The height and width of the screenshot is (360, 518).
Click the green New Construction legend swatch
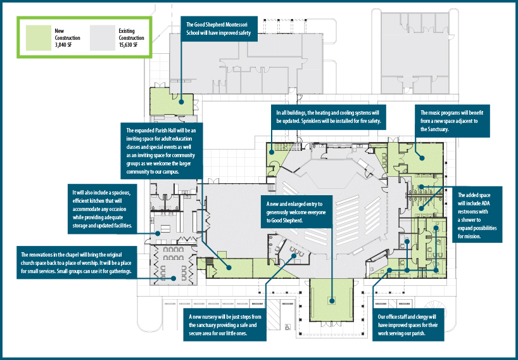coord(39,37)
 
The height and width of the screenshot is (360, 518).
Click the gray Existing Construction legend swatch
coord(103,37)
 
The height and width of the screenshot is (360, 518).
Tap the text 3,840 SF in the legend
coord(63,45)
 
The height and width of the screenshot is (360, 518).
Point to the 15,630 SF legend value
coord(128,45)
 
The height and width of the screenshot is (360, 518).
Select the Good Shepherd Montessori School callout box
coord(219,29)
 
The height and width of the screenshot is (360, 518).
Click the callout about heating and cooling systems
coord(329,117)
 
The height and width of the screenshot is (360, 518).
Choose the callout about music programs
coord(452,121)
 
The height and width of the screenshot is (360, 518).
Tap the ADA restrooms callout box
coord(477,215)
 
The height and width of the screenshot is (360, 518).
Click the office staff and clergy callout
coord(408,325)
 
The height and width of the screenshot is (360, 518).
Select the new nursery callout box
coord(225,325)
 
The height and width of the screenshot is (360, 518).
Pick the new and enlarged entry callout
coord(296,212)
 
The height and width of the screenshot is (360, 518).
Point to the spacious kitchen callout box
coord(103,209)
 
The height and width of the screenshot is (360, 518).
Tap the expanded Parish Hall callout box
coord(161,151)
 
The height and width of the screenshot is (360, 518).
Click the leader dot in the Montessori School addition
coord(181,102)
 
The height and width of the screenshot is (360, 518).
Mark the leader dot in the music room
coord(422,158)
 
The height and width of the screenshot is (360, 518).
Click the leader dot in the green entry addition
coord(331,301)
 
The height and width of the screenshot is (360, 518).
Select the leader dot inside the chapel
coord(174,278)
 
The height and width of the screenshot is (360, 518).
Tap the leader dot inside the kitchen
coord(158,233)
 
